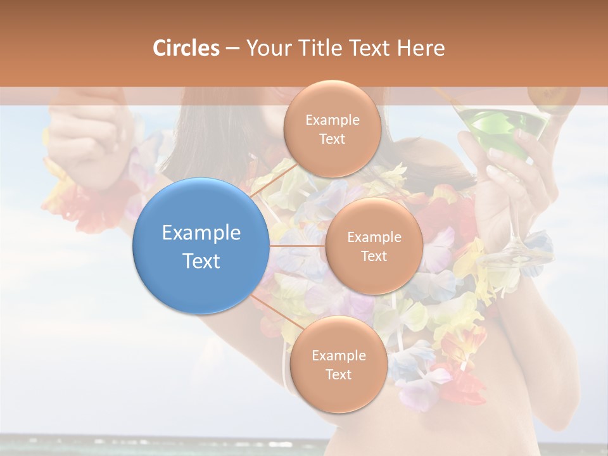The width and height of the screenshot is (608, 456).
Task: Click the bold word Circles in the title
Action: click(186, 48)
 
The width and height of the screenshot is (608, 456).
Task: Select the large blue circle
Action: click(201, 246)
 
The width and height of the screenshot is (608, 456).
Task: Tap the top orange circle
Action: click(332, 129)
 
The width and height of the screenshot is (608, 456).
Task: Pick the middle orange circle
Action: click(374, 246)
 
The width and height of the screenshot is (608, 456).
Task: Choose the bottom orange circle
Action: click(338, 364)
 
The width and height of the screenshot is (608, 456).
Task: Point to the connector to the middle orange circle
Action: click(297, 246)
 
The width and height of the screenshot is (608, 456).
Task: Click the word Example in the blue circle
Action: click(201, 232)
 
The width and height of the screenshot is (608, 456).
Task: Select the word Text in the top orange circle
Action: click(332, 139)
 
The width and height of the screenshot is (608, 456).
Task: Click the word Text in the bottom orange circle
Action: click(338, 374)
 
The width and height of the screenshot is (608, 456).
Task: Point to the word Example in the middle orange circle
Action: click(374, 237)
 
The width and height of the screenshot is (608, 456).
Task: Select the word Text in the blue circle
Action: click(201, 260)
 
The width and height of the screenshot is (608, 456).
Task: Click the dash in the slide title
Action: click(232, 49)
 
